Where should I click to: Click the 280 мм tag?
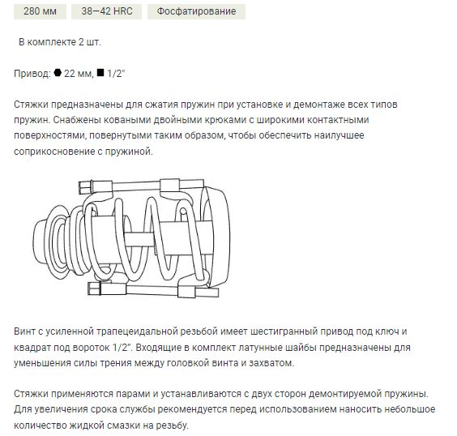tap(38, 11)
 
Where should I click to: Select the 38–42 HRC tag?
tap(106, 11)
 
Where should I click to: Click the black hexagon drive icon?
tap(58, 73)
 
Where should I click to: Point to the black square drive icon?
tap(100, 73)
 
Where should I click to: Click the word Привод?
tap(31, 73)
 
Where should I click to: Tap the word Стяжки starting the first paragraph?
tap(33, 105)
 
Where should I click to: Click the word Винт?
tap(27, 332)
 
